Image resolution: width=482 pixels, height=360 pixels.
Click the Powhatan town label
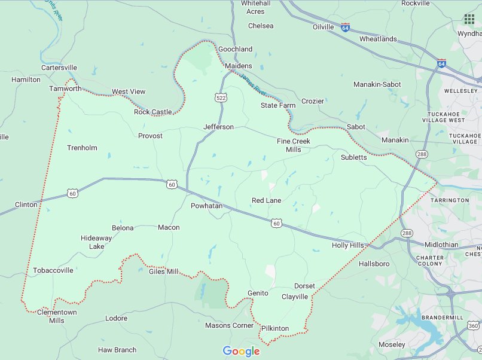coord(206,206)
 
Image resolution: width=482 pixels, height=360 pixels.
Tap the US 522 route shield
coord(221,96)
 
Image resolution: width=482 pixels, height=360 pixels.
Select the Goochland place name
coord(236,49)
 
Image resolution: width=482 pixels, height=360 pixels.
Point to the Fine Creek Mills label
coord(293,145)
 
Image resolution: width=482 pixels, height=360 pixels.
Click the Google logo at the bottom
coord(241,351)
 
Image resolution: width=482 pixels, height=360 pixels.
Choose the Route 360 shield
coord(472,326)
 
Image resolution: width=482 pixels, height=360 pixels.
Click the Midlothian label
coord(441,245)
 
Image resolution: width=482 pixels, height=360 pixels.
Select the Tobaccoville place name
coord(53,270)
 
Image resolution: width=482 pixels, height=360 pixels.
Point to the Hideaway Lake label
coord(96,242)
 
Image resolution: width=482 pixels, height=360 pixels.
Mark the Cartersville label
coord(59,68)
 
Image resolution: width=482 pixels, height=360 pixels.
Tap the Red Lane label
coord(266,200)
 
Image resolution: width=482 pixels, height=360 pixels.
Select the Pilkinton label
coord(275,328)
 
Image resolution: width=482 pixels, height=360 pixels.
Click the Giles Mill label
coord(163,271)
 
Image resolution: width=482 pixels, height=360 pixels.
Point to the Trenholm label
coord(82,148)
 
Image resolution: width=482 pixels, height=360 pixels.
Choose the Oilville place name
coord(323,27)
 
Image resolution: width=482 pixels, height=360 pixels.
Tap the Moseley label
coord(392,344)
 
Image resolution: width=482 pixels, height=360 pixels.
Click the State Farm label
coord(278,105)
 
